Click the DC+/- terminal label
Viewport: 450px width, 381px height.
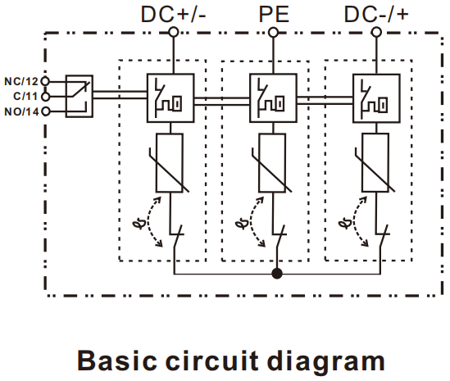(173, 15)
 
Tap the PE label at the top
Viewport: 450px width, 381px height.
(274, 15)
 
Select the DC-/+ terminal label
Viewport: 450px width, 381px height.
(376, 15)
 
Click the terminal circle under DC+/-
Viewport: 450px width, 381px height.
(173, 32)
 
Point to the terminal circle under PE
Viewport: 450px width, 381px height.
(273, 33)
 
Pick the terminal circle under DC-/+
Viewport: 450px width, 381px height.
(376, 32)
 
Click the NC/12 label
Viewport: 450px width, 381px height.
(21, 81)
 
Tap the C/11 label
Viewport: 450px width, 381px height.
(25, 96)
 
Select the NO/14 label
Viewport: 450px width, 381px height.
(21, 111)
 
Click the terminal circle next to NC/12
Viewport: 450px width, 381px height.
(45, 81)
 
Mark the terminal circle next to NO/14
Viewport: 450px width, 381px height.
(46, 111)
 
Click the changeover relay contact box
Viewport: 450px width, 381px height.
(80, 97)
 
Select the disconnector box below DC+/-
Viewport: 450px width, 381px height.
(170, 98)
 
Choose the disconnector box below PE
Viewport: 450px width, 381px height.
(273, 98)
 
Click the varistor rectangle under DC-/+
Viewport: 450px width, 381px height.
(375, 163)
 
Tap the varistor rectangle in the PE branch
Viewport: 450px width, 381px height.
(272, 163)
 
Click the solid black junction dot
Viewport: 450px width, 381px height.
(277, 274)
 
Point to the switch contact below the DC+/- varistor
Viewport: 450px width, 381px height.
(177, 237)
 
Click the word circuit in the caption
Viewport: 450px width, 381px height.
(212, 361)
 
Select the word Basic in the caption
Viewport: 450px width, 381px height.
(117, 361)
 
